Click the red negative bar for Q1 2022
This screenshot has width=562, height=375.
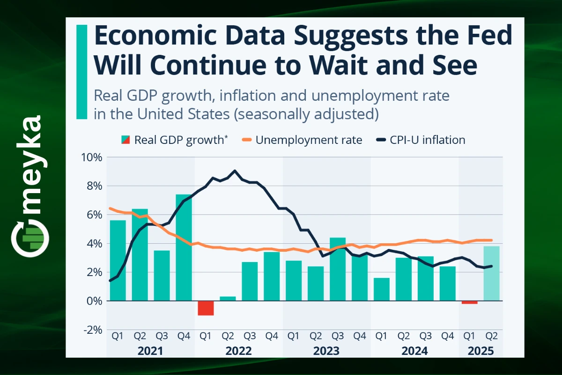[x=206, y=308]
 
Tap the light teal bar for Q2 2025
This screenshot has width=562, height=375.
[x=491, y=273]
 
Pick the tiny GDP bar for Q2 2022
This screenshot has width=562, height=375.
[x=228, y=298]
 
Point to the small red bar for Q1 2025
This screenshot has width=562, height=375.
[x=469, y=302]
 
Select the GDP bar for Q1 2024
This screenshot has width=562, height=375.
[x=381, y=289]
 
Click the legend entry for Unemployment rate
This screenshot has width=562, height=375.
[x=302, y=140]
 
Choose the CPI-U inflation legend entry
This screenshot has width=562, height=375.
[x=421, y=140]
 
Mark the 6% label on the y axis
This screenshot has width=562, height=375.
[x=92, y=215]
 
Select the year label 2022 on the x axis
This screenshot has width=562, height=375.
[x=238, y=351]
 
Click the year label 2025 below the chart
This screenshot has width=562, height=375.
[x=480, y=351]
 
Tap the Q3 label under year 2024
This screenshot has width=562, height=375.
[x=425, y=336]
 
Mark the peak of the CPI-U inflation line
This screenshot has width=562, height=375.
[x=235, y=171]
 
